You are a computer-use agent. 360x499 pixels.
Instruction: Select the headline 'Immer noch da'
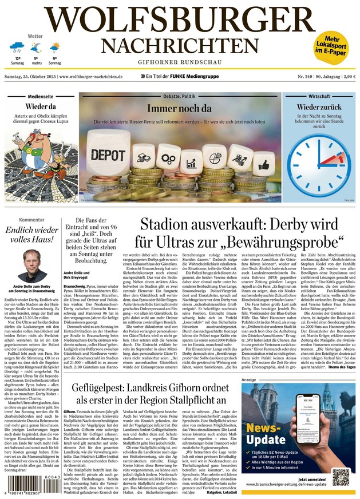click(x=179, y=108)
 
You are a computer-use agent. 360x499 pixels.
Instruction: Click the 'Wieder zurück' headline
click(x=319, y=107)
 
